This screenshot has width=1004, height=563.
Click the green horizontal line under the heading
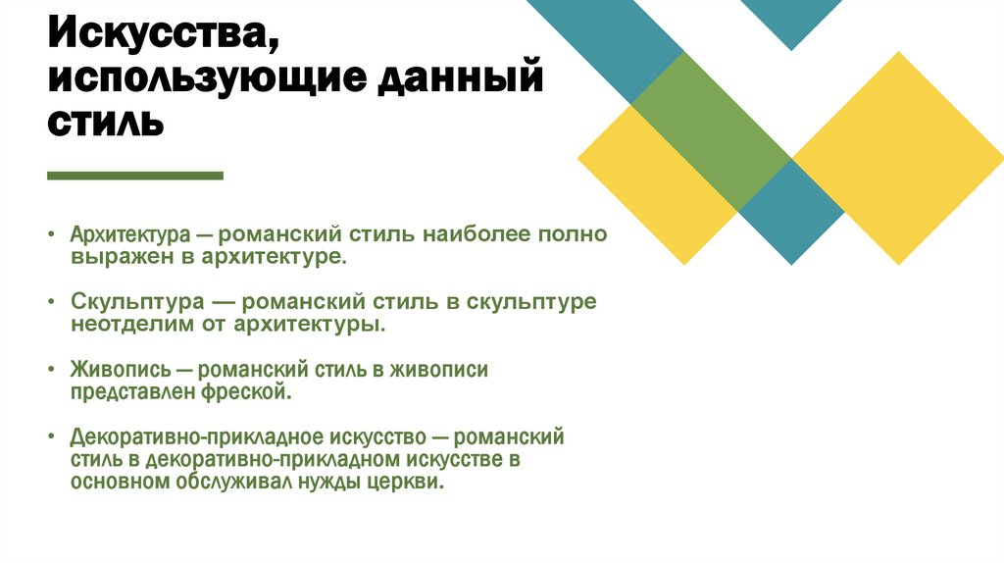[135, 176]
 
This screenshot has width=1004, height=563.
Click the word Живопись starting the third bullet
[116, 370]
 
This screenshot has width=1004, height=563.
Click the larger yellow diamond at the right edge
[897, 157]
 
